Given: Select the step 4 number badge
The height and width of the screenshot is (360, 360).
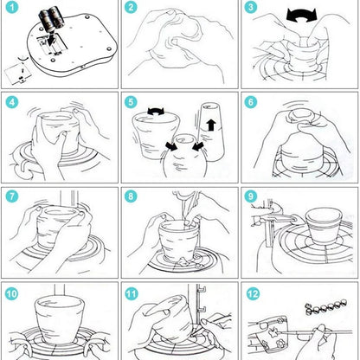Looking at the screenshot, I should (11, 102).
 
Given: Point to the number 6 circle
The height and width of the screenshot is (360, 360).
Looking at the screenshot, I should (251, 102).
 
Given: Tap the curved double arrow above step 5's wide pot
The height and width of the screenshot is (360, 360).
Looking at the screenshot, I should (156, 112).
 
